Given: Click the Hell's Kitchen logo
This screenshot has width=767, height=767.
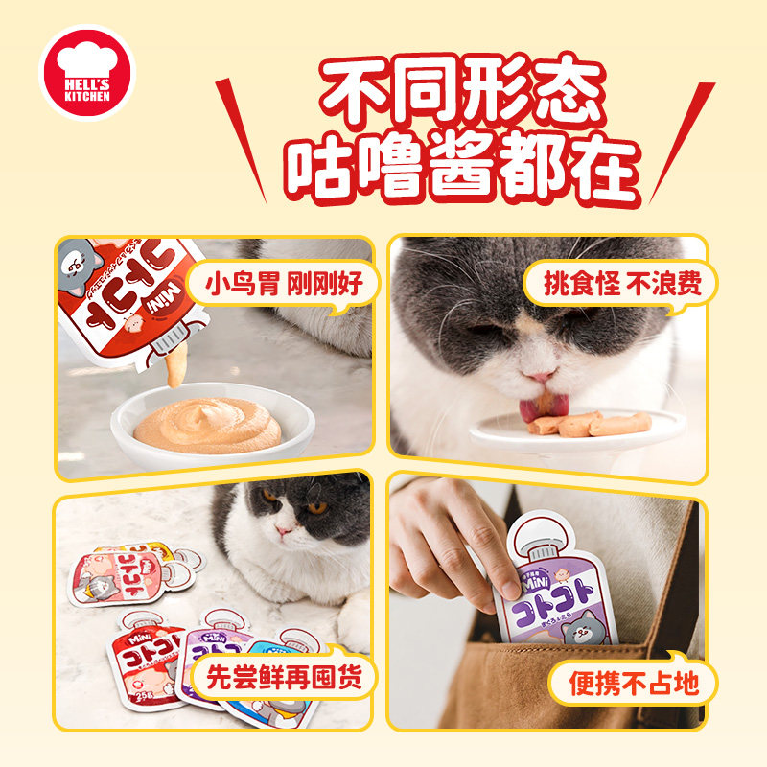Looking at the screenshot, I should click(87, 72).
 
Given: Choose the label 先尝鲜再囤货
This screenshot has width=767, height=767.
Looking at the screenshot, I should click(283, 677).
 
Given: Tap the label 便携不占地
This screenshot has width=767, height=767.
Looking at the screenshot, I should click(630, 684).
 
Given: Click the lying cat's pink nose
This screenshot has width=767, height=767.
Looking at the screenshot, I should click(284, 529).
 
